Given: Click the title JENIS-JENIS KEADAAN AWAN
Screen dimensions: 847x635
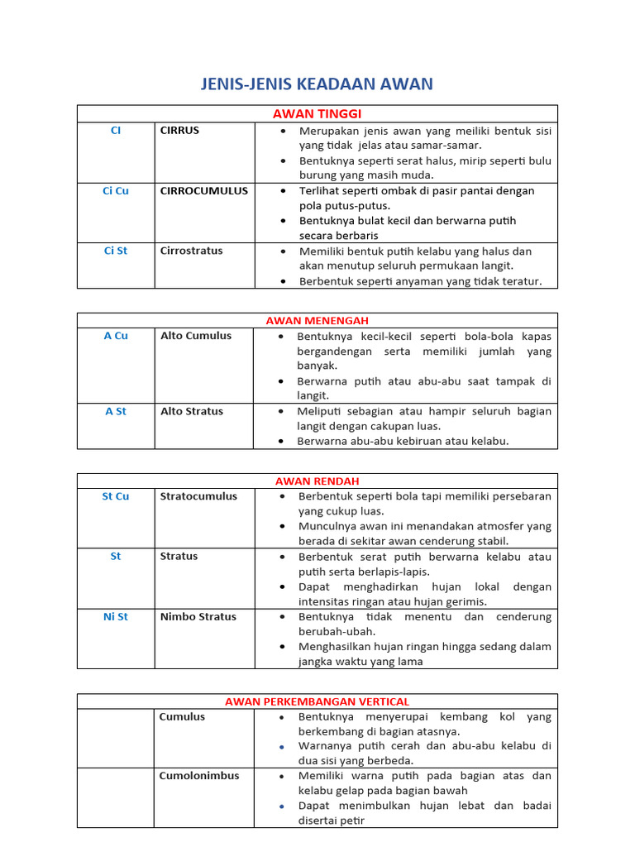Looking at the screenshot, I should click(x=317, y=84).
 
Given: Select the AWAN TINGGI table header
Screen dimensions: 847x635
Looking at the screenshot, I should click(x=317, y=113).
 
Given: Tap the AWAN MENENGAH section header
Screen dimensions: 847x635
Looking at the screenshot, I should click(x=317, y=320).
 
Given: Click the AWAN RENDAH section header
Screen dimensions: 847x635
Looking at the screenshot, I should click(x=317, y=481).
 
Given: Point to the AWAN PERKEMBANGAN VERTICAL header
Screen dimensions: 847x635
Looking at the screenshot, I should click(x=317, y=701).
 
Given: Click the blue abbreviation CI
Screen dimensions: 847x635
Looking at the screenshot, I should click(x=115, y=131).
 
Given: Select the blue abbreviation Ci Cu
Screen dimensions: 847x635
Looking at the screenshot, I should click(x=115, y=191).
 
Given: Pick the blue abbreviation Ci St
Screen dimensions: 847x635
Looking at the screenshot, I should click(x=115, y=251).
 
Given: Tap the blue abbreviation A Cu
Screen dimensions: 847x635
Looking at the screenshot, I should click(x=115, y=336).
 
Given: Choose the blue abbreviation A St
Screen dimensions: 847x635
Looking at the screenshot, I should click(x=115, y=411).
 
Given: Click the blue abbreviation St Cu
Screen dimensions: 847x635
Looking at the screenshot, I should click(x=115, y=496).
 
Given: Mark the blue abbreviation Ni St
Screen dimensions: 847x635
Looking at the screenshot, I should click(x=115, y=616).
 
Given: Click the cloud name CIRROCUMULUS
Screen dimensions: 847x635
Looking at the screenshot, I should click(x=203, y=191).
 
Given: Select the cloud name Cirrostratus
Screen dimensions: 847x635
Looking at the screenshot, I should click(x=191, y=251).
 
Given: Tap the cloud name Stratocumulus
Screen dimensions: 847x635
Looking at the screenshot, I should click(x=198, y=496).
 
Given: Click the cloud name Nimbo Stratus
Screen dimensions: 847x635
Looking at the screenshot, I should click(x=198, y=616).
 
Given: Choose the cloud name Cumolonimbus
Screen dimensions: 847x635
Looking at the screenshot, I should click(x=199, y=776).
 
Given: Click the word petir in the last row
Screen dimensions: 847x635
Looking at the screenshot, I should click(x=351, y=821).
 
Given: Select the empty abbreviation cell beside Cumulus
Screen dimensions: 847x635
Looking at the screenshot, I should click(x=115, y=738).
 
